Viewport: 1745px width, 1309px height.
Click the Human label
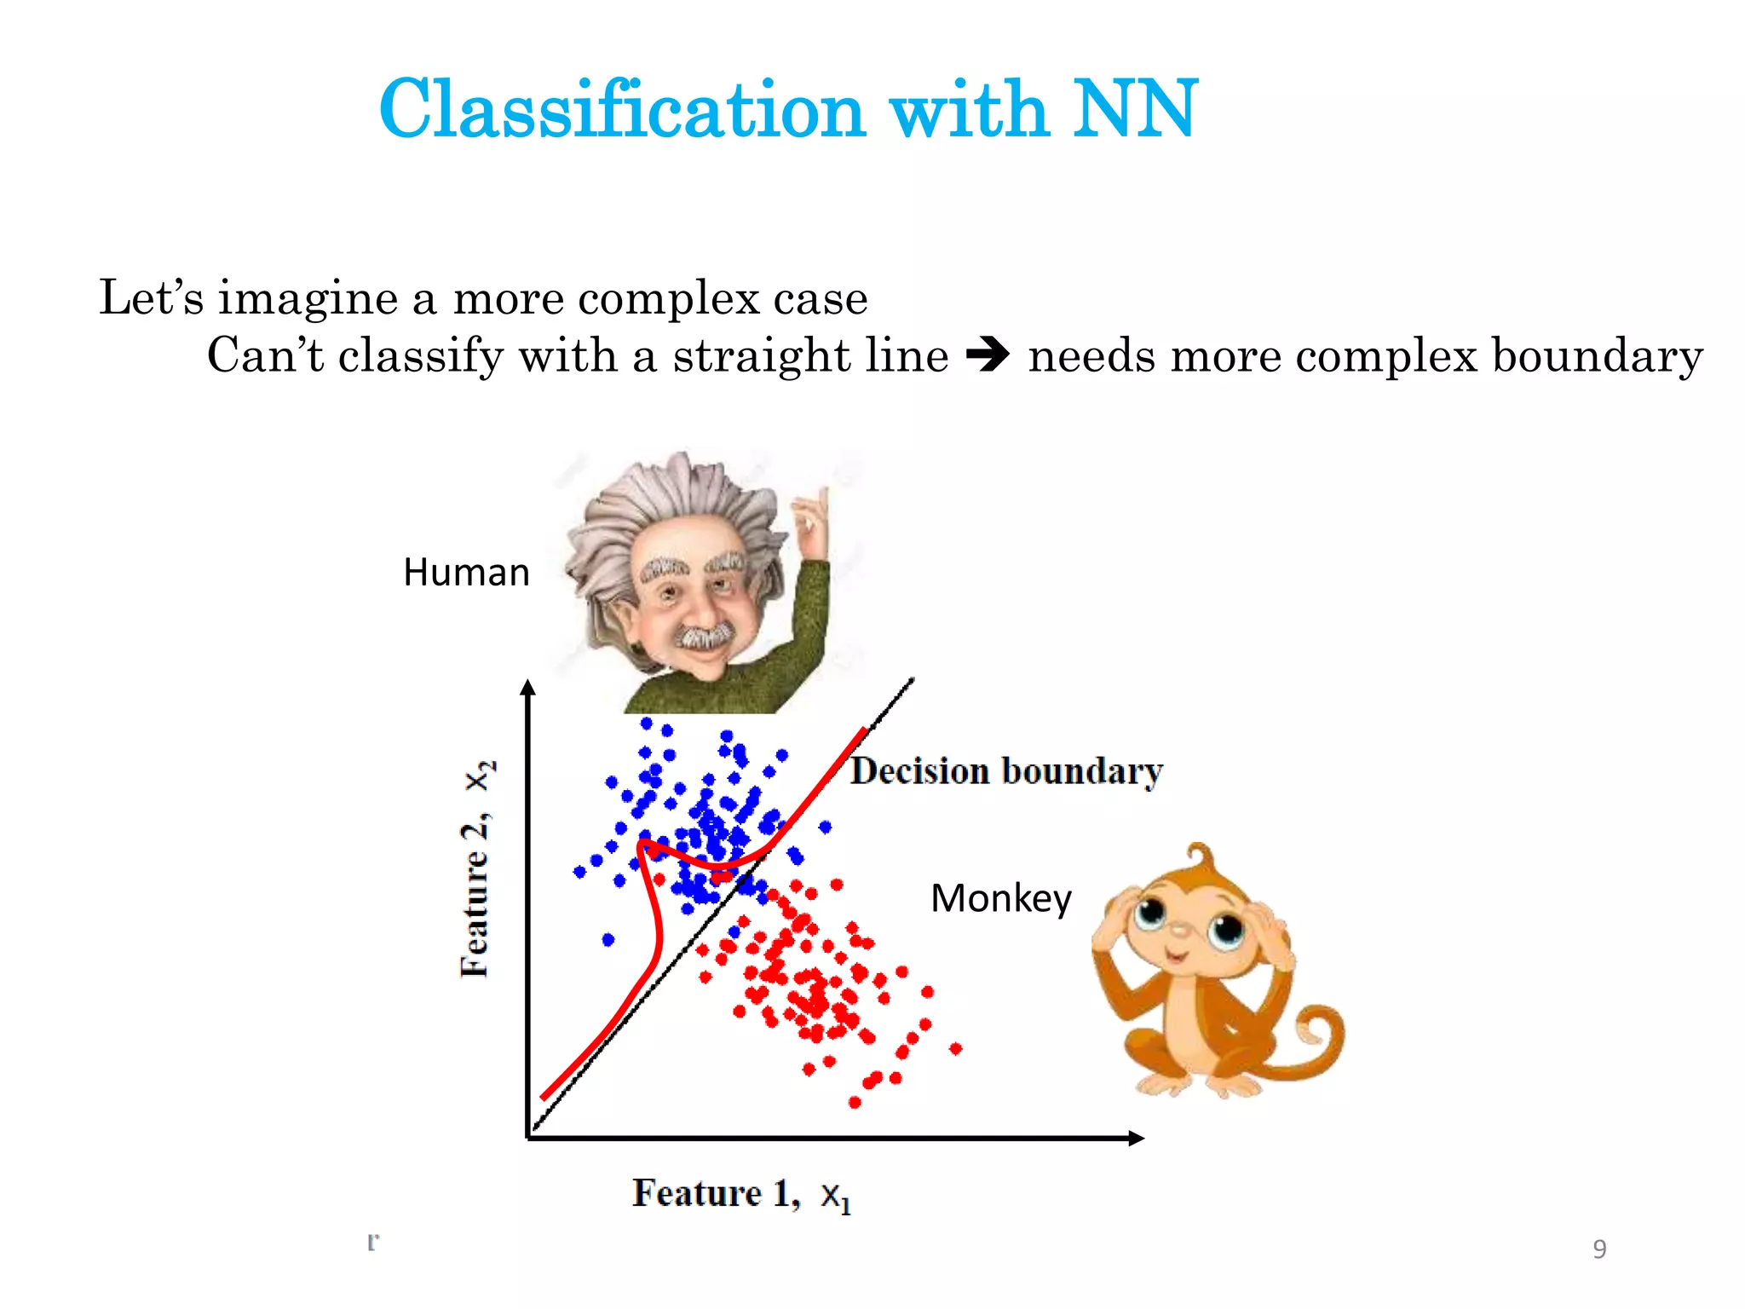[466, 573]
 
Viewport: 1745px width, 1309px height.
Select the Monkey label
[1000, 899]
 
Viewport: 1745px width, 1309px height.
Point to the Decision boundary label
[1006, 772]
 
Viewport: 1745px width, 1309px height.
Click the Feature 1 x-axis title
[740, 1194]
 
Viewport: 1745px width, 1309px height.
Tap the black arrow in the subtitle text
[988, 355]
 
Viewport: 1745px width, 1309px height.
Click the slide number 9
[1599, 1248]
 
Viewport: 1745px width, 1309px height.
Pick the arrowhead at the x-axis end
[1136, 1138]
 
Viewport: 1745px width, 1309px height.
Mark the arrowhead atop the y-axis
[528, 689]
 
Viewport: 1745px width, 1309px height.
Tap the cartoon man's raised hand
[809, 520]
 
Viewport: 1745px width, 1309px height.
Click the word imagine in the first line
[308, 298]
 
